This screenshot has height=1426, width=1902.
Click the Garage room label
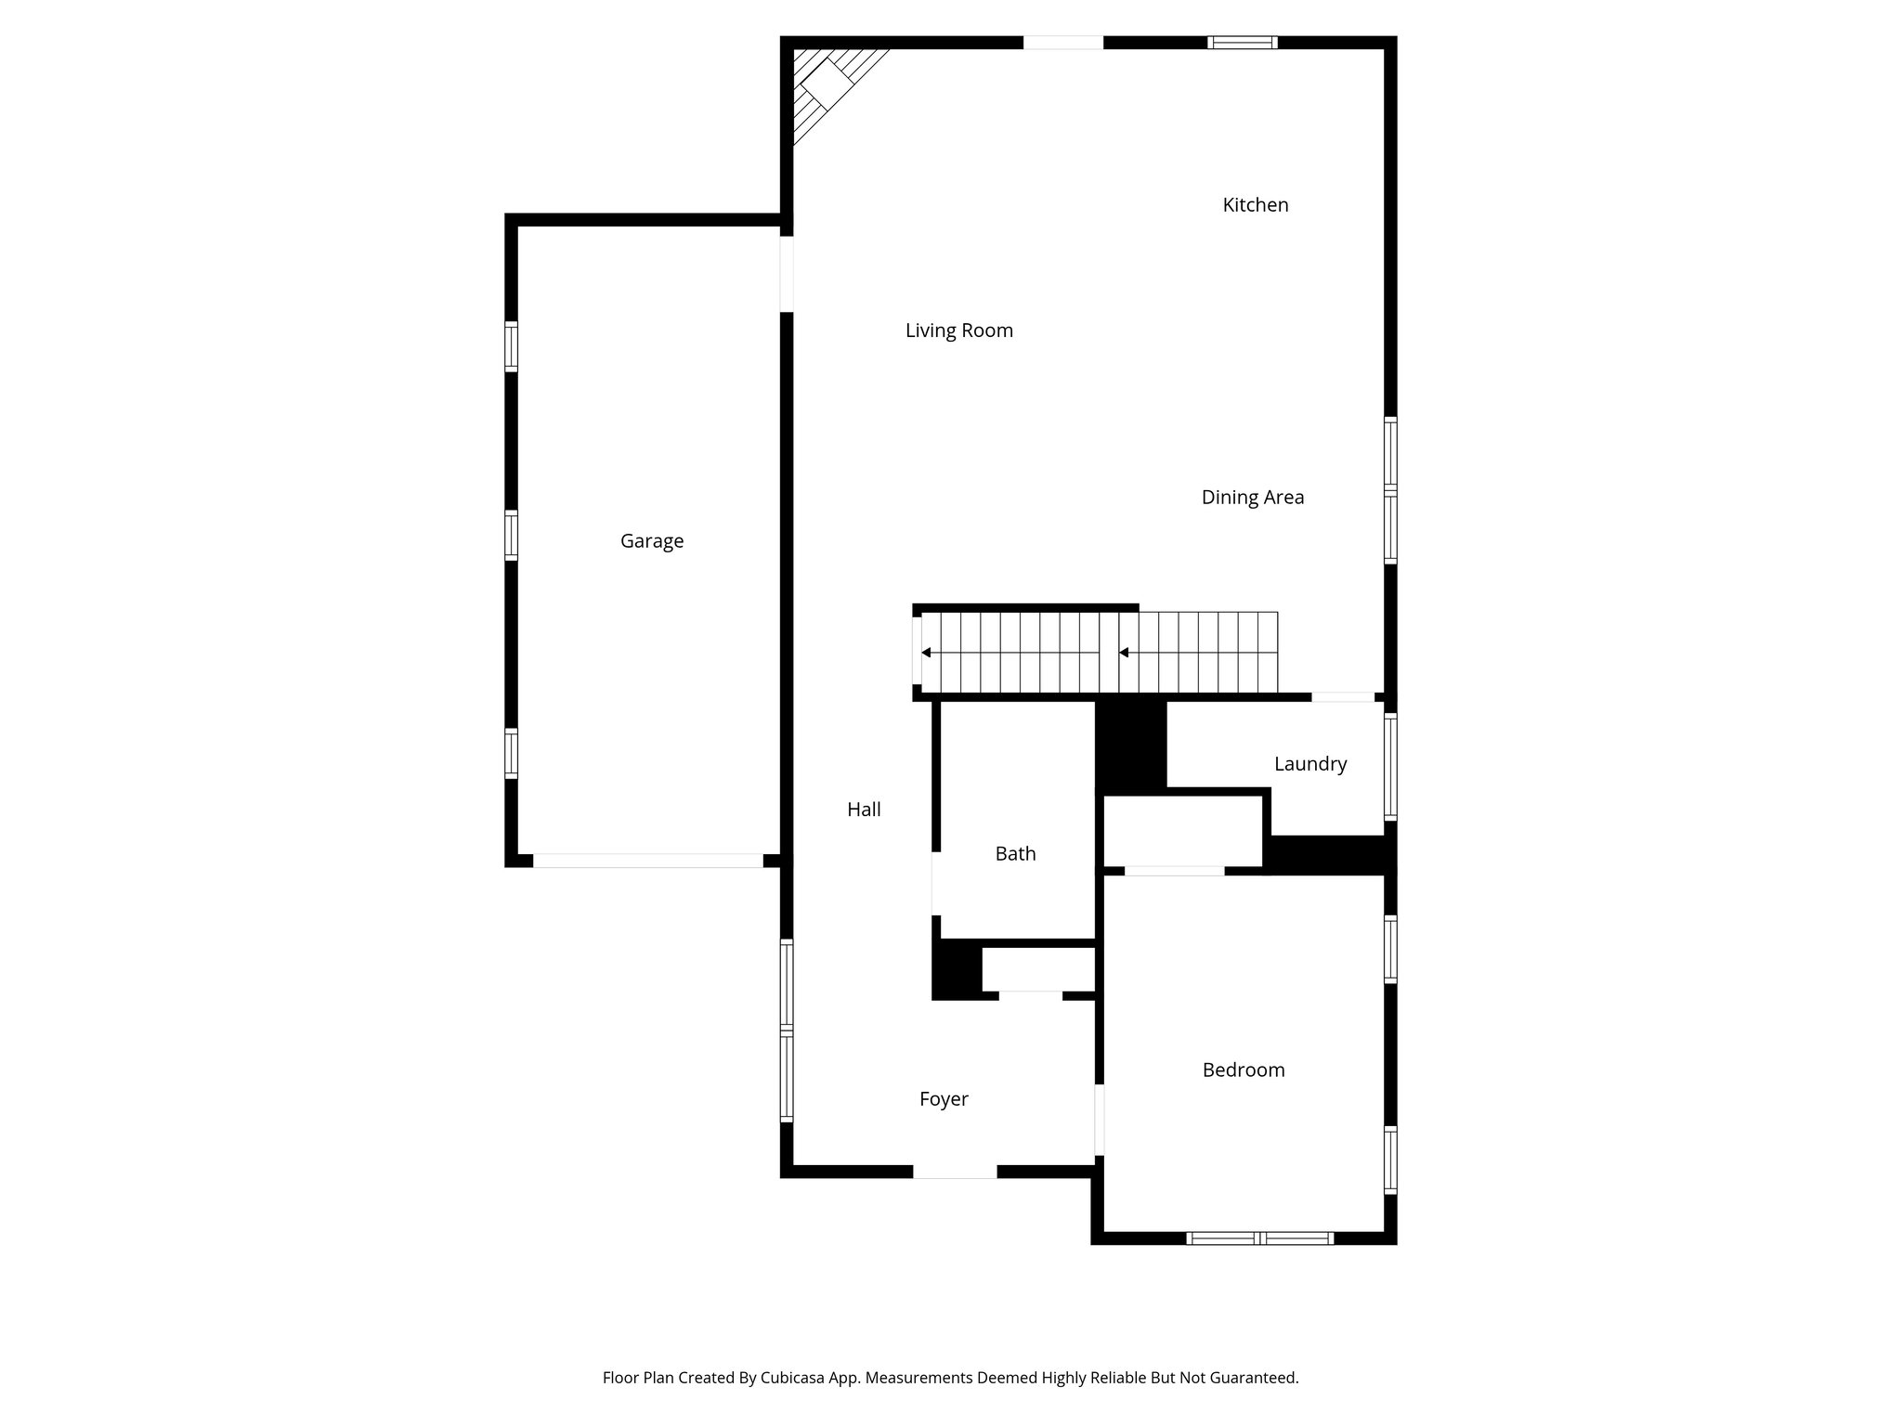652,540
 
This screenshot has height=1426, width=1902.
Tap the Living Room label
958,331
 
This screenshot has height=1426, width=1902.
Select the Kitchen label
1255,205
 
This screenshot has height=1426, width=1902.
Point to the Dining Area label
1252,498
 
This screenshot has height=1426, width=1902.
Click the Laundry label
1309,764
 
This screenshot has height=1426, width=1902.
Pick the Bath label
1015,854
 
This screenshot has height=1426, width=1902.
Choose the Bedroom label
1243,1070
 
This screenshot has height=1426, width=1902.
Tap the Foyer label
944,1099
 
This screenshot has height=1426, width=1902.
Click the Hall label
864,810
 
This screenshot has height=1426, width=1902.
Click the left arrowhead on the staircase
926,653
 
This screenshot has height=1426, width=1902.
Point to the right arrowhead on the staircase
1124,653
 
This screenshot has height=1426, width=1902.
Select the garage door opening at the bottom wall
647,861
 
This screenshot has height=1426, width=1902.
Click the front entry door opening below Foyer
955,1172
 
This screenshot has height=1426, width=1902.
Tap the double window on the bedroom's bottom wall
1259,1238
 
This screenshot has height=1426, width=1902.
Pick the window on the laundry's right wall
1390,766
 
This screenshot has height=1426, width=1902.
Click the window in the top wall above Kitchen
1242,42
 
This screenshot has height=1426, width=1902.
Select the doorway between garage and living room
787,274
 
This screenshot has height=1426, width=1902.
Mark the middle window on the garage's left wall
511,535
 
